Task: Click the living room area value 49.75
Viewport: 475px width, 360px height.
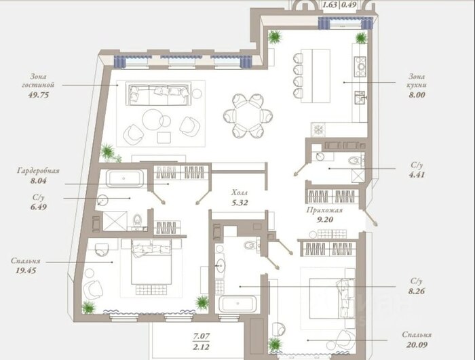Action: [x=39, y=95]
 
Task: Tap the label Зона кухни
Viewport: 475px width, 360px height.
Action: [x=416, y=81]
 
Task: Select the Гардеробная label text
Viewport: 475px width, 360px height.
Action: [x=39, y=171]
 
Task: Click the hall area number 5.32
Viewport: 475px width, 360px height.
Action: [x=240, y=203]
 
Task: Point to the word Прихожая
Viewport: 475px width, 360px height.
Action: [x=324, y=210]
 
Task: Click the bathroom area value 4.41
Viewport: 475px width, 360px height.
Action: [x=417, y=175]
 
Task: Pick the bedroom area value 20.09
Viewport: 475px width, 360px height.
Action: [x=417, y=344]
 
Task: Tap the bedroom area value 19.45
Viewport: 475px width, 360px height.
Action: [x=26, y=271]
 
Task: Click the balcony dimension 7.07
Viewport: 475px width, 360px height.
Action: [x=201, y=336]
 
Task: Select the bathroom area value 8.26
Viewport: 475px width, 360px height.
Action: [x=417, y=292]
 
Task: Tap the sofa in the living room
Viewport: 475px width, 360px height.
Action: [x=159, y=94]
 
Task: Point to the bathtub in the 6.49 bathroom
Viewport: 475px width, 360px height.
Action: [x=124, y=178]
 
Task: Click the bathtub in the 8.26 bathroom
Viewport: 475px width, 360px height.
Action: [x=237, y=304]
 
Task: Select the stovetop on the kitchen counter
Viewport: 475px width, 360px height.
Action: [x=360, y=67]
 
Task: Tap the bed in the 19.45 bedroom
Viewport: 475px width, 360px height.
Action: [x=151, y=262]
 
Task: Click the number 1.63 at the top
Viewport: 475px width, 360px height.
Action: [x=330, y=5]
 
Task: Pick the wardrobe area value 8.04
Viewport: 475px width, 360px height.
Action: [x=38, y=181]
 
